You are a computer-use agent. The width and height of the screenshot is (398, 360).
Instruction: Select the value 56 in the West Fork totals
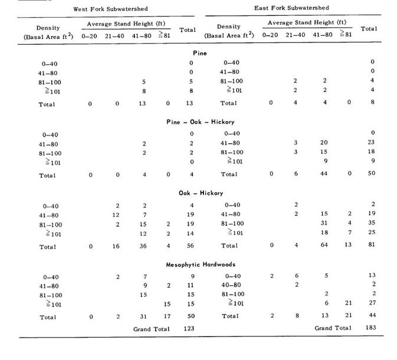(191, 246)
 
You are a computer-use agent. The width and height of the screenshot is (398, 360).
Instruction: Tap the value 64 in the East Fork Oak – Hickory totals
(324, 245)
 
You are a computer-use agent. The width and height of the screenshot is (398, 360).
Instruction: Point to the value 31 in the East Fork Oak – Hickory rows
(324, 223)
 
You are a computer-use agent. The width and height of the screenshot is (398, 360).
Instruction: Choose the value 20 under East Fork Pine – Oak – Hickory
(324, 142)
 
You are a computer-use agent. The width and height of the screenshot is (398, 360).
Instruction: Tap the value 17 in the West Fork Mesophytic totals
(167, 317)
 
